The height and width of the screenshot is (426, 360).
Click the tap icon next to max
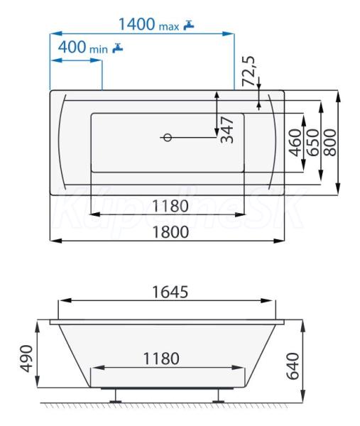[189, 25]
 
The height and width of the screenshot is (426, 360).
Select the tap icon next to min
[118, 48]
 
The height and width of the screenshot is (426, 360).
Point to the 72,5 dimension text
[249, 71]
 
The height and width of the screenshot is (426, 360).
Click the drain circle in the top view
[168, 138]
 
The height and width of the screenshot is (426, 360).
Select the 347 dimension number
[227, 130]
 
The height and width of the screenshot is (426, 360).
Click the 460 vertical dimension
[295, 143]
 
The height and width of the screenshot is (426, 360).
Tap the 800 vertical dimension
[330, 143]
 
